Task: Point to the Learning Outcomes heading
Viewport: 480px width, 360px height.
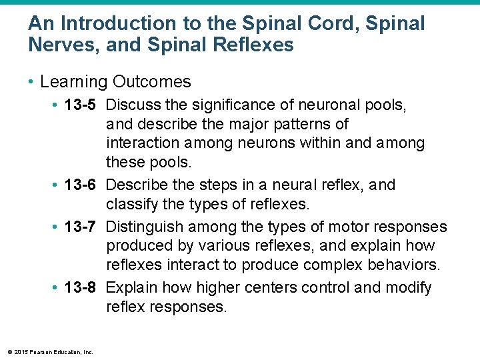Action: [x=115, y=82]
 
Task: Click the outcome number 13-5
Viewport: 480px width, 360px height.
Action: [x=81, y=105]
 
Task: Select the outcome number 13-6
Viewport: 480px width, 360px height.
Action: [x=81, y=185]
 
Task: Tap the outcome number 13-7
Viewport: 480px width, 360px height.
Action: [x=81, y=227]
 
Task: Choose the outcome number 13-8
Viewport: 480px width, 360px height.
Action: [x=81, y=288]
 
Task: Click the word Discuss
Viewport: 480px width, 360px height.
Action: [x=133, y=105]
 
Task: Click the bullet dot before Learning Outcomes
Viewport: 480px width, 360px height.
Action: [x=31, y=83]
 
